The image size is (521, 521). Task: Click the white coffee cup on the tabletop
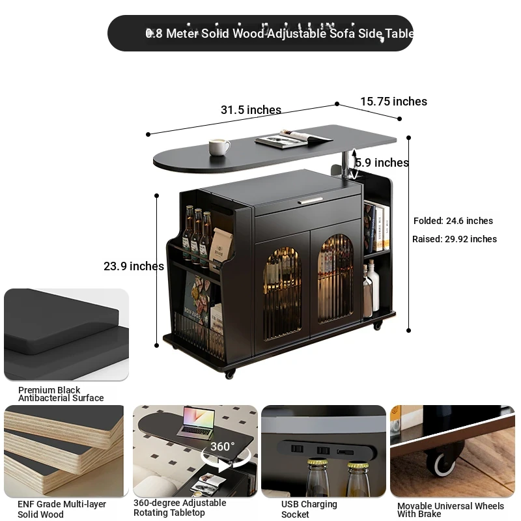click(x=219, y=147)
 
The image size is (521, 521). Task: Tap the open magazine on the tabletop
click(x=294, y=139)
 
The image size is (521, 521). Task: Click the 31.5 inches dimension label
click(x=251, y=110)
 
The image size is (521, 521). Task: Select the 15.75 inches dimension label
click(x=394, y=102)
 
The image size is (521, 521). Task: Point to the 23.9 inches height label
click(x=134, y=266)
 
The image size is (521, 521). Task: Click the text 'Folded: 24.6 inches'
click(x=453, y=221)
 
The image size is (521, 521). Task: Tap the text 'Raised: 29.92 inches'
click(x=455, y=239)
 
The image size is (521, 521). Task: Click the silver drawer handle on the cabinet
click(x=310, y=201)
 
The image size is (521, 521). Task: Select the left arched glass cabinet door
click(x=283, y=294)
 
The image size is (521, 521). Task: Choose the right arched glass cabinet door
click(x=335, y=279)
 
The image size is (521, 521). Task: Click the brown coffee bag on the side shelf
click(x=220, y=246)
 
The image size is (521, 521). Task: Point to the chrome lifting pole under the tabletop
click(x=346, y=165)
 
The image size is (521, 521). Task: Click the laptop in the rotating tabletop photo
click(x=197, y=422)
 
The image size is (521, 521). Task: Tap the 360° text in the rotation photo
click(x=222, y=447)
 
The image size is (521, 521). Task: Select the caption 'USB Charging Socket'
click(x=309, y=509)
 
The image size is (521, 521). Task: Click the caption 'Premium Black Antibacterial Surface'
click(x=61, y=394)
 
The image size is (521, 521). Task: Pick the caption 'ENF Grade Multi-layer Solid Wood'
click(x=62, y=509)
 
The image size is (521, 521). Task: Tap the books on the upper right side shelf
click(x=376, y=227)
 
